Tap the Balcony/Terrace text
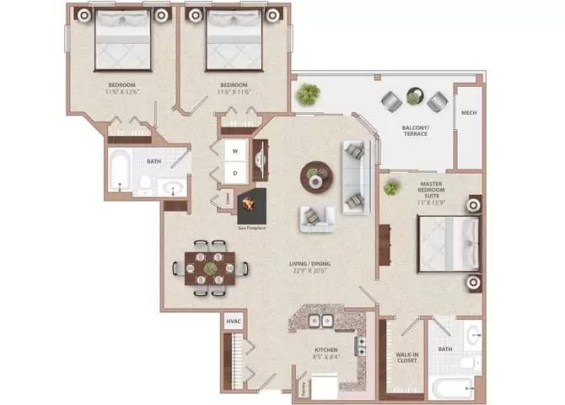point(414,131)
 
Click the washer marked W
point(234,153)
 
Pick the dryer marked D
point(234,173)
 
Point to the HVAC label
point(233,321)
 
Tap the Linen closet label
point(228,199)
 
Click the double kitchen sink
point(319,321)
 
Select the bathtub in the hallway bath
point(120,174)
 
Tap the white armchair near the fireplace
point(317,218)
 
